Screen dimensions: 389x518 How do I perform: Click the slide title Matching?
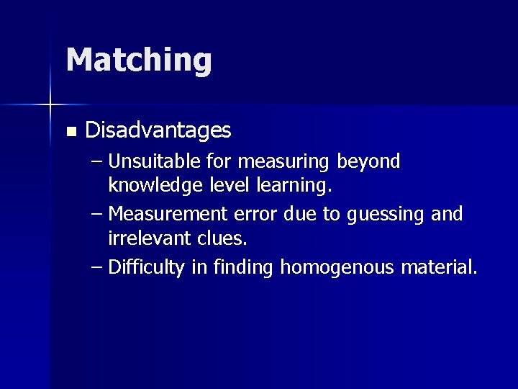coord(139,60)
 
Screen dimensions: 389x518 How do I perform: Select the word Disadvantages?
coord(158,130)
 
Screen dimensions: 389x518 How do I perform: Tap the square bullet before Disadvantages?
coord(71,132)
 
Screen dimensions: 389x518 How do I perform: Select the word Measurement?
coord(170,215)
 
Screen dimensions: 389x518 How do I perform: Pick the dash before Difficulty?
coord(97,268)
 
